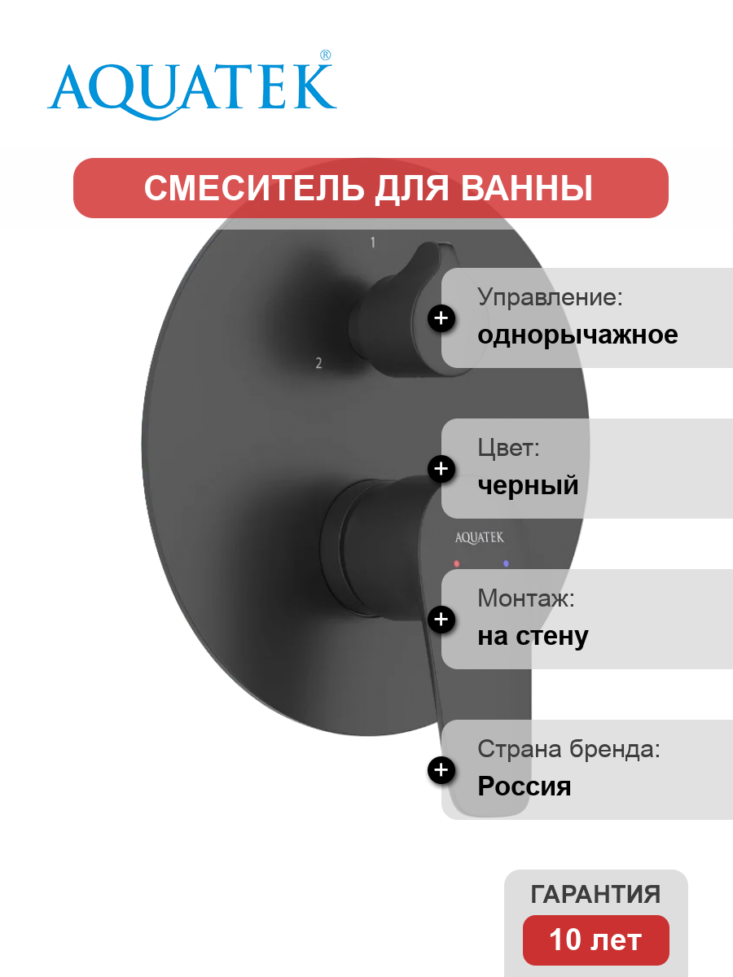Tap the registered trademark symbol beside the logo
point(325,55)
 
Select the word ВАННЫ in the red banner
point(526,188)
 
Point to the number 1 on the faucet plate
point(373,243)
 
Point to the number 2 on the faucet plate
point(318,363)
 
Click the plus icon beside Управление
point(441,318)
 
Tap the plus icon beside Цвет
point(441,469)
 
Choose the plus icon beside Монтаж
point(441,620)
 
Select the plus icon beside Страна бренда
point(441,770)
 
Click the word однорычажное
point(577,335)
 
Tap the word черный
point(528,485)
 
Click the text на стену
point(533,637)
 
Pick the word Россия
point(525,786)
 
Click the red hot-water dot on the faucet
point(456,563)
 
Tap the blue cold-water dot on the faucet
point(506,563)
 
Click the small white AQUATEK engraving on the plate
point(480,537)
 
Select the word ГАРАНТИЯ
point(595,894)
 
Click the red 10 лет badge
point(596,940)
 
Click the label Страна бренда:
point(568,749)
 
